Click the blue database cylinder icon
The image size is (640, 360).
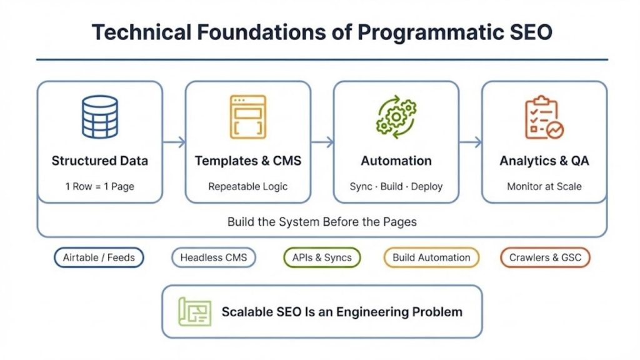[100, 116]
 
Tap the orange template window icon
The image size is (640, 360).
[247, 116]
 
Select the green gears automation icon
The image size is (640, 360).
[396, 116]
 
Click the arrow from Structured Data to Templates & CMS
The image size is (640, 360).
[174, 142]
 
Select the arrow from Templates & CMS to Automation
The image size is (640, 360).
[322, 142]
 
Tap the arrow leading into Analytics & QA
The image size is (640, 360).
[470, 142]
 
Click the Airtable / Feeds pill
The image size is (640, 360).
[99, 257]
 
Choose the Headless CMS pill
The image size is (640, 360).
[214, 257]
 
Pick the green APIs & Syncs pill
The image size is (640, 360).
[322, 257]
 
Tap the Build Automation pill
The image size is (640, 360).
[431, 257]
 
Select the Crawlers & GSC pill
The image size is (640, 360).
[545, 257]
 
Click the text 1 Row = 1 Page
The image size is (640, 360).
[100, 186]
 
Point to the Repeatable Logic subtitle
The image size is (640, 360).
[248, 186]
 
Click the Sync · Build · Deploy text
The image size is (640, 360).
[396, 186]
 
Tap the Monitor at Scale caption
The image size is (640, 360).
[544, 186]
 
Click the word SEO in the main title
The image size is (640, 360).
[529, 32]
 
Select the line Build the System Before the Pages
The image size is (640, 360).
[322, 222]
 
